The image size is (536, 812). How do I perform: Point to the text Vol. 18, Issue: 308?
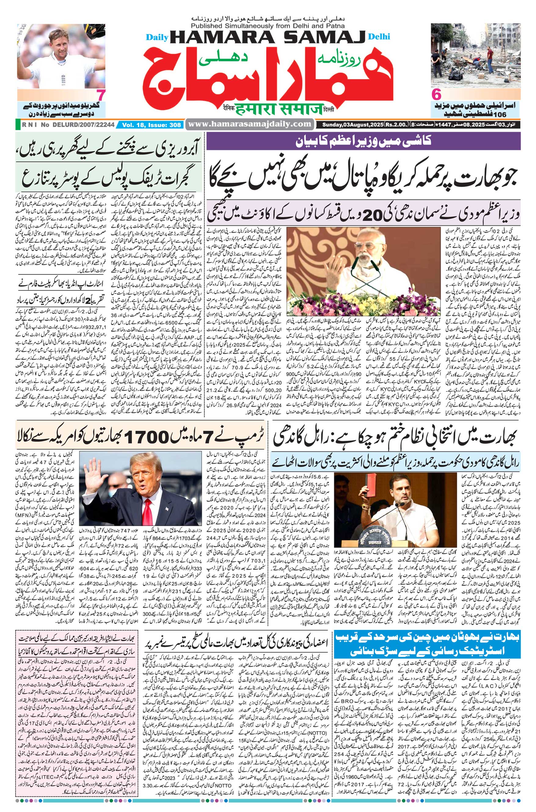151,125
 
